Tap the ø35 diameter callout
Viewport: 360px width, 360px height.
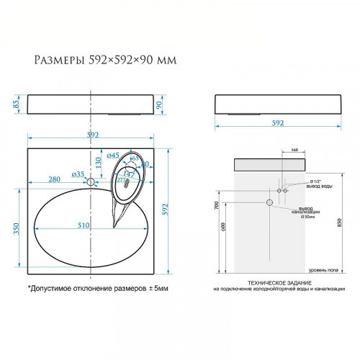tap(76, 176)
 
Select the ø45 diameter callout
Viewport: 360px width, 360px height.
tap(112, 156)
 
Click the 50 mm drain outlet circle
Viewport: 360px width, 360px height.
tap(270, 204)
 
